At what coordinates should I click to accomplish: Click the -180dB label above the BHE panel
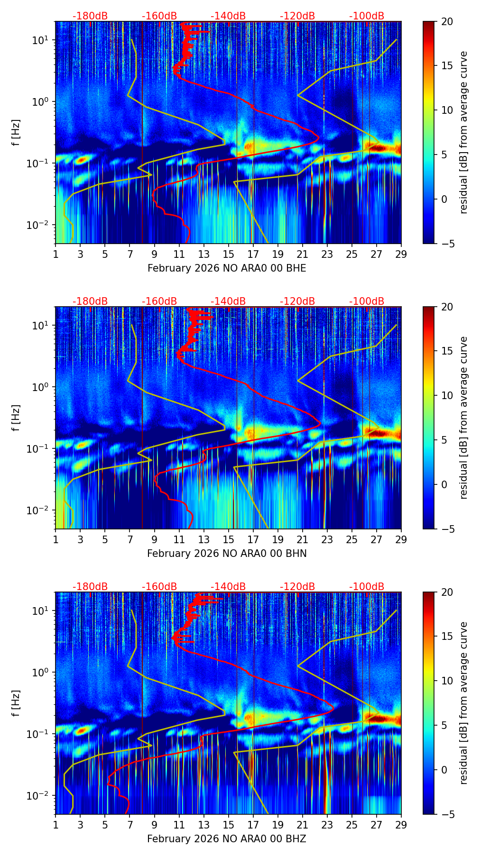90,16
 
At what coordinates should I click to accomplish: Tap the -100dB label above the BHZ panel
367,587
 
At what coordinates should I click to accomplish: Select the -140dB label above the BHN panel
228,301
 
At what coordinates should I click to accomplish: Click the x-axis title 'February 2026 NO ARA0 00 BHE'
227,268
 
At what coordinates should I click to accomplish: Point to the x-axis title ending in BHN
227,554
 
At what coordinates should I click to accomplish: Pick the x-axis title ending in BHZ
227,839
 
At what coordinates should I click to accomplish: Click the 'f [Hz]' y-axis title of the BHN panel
16,418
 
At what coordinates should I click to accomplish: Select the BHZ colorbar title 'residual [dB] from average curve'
464,703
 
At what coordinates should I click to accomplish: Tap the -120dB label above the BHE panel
297,16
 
